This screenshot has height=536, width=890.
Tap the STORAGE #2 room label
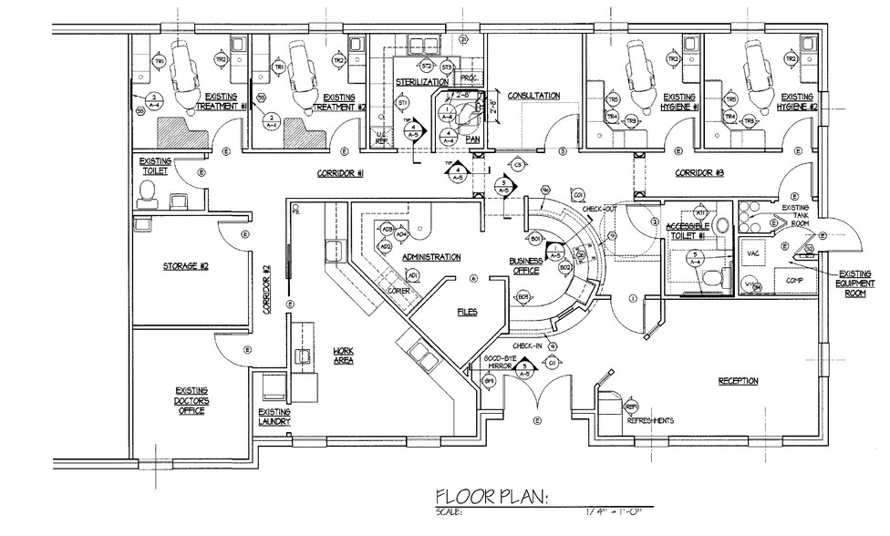[186, 266]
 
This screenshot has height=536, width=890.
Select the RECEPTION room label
[738, 380]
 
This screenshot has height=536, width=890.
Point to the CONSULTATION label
[533, 96]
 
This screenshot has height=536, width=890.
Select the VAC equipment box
[754, 253]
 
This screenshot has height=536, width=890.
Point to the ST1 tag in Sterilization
[402, 105]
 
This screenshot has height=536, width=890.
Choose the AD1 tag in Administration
[412, 274]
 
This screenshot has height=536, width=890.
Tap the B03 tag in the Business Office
[523, 297]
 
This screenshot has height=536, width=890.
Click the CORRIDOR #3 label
[699, 172]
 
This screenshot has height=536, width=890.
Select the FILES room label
[467, 311]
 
